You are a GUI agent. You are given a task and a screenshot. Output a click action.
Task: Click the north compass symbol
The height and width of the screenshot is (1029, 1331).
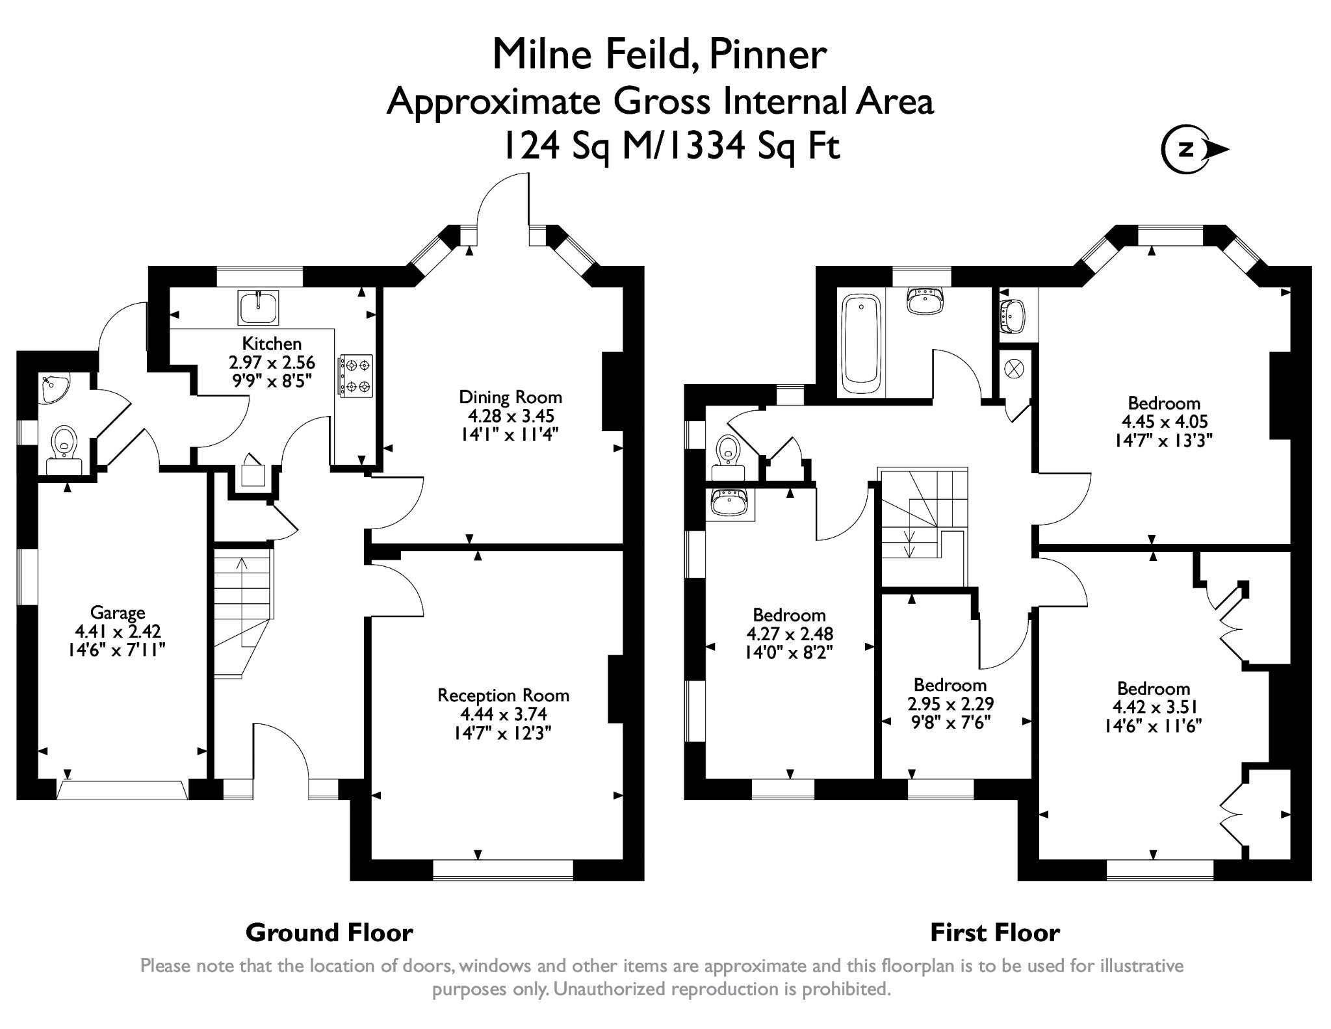[1187, 150]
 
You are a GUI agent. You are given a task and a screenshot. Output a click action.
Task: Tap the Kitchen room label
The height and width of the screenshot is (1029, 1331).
[272, 343]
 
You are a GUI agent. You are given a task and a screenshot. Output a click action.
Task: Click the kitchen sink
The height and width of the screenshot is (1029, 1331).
[258, 307]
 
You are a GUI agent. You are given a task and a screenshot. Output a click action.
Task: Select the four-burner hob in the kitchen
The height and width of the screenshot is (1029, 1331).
[355, 376]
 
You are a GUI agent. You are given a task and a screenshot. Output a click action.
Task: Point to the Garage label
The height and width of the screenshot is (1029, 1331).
[118, 612]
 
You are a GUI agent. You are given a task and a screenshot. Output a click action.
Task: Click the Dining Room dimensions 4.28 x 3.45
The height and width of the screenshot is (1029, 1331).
[511, 416]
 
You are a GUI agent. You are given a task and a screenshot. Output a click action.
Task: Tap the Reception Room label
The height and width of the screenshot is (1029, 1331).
[503, 696]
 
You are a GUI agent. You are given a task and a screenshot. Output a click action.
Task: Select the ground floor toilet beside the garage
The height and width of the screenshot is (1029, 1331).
[64, 445]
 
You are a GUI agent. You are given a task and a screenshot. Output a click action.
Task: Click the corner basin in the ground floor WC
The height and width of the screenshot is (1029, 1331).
[52, 388]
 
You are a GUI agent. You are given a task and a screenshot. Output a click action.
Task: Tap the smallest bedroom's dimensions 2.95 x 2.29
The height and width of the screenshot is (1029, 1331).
[950, 704]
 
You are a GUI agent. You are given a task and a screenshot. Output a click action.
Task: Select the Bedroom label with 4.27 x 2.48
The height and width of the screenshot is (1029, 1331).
[789, 615]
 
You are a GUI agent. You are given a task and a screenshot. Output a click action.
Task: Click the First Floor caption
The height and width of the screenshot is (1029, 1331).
[994, 933]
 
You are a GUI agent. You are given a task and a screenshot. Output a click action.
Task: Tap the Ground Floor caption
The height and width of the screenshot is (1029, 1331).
[329, 933]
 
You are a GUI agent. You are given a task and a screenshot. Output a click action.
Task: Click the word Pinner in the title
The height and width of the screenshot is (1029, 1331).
[767, 55]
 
